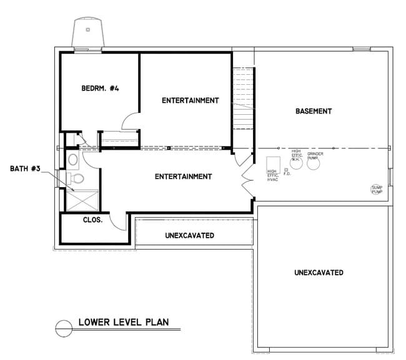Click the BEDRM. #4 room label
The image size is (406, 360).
(x=100, y=89)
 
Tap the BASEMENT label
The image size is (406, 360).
(x=313, y=111)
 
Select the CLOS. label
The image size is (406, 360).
(x=93, y=220)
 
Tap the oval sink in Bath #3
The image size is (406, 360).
(x=72, y=160)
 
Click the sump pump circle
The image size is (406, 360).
(x=377, y=188)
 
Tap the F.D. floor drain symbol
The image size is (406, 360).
(x=285, y=169)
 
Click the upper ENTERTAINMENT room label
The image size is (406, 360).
(x=190, y=100)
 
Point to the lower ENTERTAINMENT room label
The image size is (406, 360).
(x=183, y=177)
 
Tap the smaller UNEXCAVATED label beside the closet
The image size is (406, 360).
(x=190, y=236)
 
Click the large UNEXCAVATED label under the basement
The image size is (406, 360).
(x=319, y=273)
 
